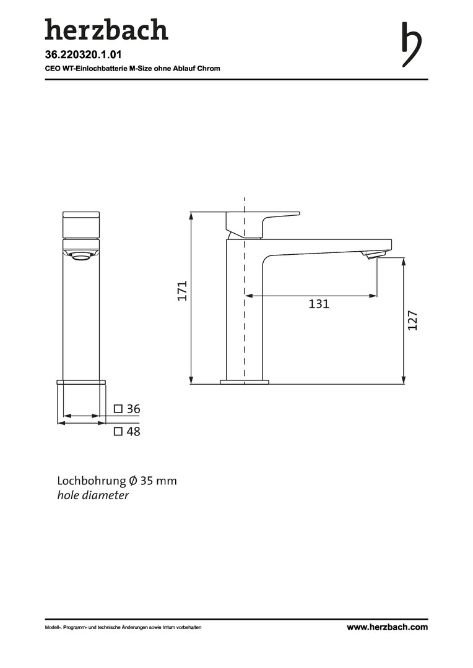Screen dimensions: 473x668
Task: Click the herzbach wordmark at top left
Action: [x=106, y=30]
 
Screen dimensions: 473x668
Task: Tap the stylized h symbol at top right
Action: [x=411, y=45]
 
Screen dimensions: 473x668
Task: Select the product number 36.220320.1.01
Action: [x=83, y=54]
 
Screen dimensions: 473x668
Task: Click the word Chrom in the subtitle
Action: [x=209, y=68]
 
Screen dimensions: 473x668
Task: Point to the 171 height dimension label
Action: [x=183, y=291]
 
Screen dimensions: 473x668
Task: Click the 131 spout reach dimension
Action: [x=319, y=304]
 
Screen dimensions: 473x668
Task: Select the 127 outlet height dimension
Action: [x=412, y=320]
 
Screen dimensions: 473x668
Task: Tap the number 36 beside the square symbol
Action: [x=134, y=409]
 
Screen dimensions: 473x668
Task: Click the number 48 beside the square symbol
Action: [x=134, y=432]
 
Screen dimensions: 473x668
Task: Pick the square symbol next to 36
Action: [x=118, y=409]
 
